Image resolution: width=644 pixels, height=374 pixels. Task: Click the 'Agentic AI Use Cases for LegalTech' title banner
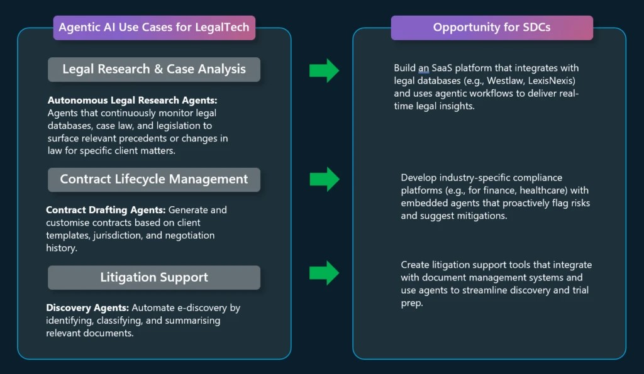tap(154, 28)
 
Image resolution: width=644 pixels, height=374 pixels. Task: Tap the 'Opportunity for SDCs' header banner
tap(492, 28)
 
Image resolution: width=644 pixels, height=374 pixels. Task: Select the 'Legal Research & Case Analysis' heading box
tap(154, 69)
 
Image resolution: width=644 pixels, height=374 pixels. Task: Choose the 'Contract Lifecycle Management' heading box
tap(154, 179)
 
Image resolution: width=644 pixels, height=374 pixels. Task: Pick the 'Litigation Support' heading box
tap(154, 277)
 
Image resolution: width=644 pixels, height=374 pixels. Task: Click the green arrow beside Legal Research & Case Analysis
tap(324, 70)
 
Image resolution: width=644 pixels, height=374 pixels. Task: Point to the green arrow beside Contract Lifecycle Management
tap(324, 179)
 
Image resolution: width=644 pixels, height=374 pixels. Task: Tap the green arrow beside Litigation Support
tap(324, 272)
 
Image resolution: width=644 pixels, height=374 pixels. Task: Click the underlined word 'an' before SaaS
tap(424, 68)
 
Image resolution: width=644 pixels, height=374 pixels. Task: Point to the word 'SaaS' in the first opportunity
tap(446, 68)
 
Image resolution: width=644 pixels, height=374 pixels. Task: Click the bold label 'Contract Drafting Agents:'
tap(103, 210)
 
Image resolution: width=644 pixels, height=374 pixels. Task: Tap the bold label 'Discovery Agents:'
tap(86, 308)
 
